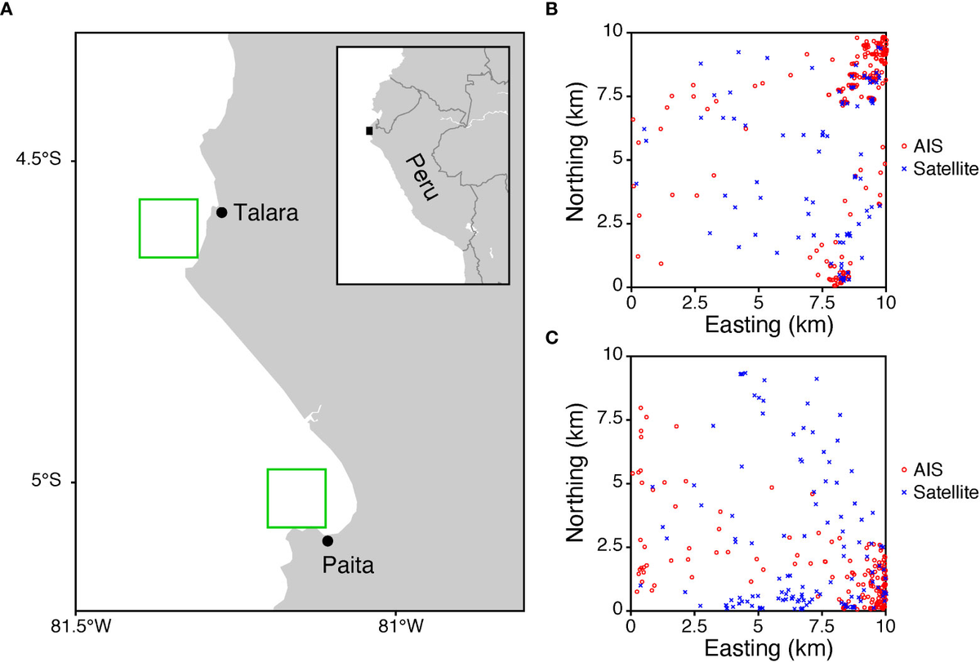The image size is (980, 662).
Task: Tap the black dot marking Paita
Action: pyautogui.click(x=327, y=540)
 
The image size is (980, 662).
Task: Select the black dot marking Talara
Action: pyautogui.click(x=221, y=212)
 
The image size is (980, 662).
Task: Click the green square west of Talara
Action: pyautogui.click(x=168, y=228)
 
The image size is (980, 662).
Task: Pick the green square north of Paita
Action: pyautogui.click(x=296, y=498)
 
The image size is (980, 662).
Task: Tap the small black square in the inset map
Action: pyautogui.click(x=369, y=131)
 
